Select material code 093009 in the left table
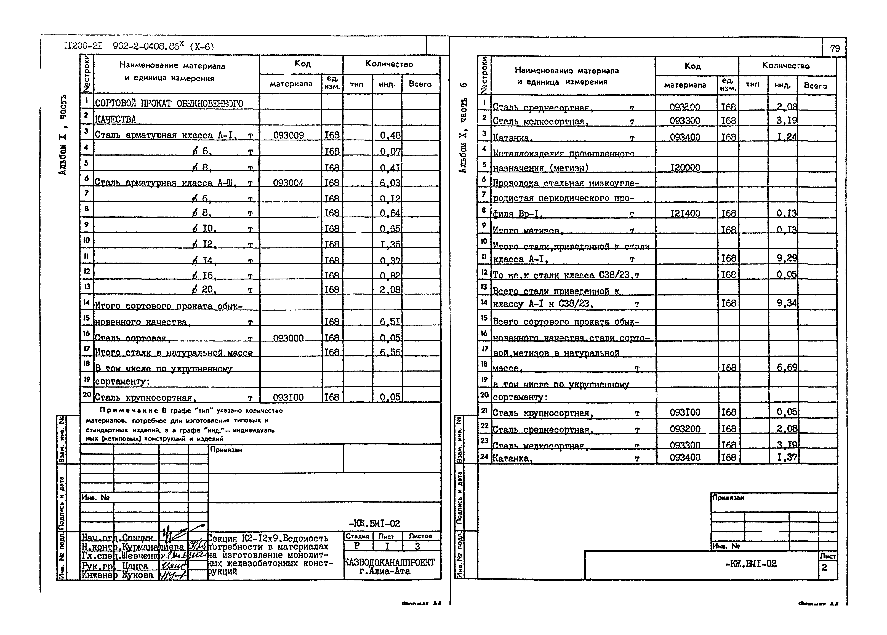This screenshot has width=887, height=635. coord(289,135)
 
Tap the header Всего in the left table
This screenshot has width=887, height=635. coord(420,84)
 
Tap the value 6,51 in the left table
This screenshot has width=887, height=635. coord(390,321)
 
